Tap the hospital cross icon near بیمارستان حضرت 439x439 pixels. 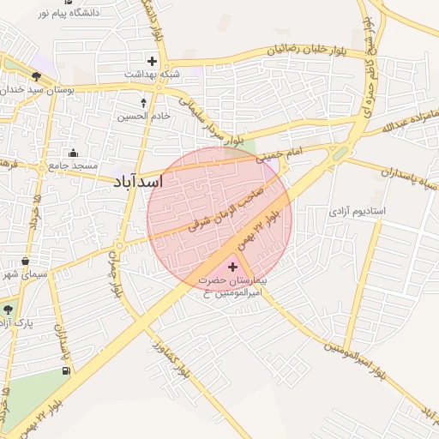[x=232, y=268]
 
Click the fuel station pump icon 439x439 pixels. [x=66, y=371]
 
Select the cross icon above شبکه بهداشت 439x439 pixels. [x=153, y=61]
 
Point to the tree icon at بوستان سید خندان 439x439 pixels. [x=36, y=76]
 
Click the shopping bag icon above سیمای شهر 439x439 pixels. [x=26, y=262]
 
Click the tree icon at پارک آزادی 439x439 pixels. [x=9, y=310]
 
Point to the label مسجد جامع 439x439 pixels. [x=73, y=165]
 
